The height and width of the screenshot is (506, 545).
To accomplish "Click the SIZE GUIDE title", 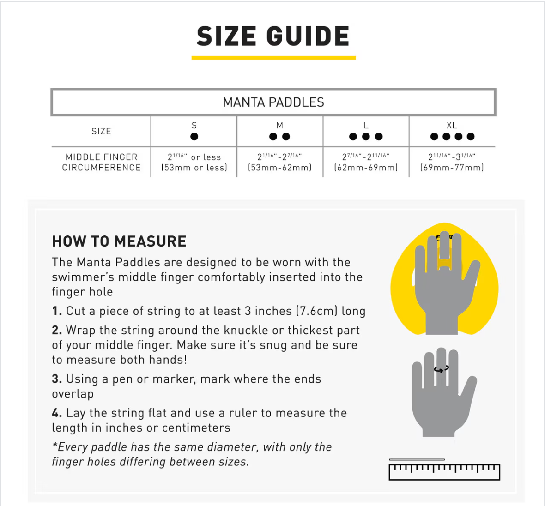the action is [273, 36].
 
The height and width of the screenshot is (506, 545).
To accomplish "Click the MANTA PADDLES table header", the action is [273, 102].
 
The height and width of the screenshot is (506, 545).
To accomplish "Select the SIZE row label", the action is [101, 132].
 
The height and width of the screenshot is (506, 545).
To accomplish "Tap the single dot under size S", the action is [194, 137].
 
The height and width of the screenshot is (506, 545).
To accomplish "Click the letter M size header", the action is [280, 125].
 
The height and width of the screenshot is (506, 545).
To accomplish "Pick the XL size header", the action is [452, 125].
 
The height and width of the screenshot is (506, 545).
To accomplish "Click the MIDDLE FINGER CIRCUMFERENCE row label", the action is [102, 163].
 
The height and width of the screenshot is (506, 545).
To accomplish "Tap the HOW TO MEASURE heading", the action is [119, 241].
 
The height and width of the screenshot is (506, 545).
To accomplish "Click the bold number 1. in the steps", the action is [57, 311].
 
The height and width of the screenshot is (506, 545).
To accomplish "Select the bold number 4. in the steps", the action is [57, 413].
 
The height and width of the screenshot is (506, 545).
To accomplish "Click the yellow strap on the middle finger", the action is [444, 264].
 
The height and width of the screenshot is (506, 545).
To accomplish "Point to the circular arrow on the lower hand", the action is [442, 370].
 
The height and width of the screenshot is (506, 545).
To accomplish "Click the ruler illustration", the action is [444, 472].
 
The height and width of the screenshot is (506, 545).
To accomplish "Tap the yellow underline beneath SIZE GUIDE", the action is [273, 58].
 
